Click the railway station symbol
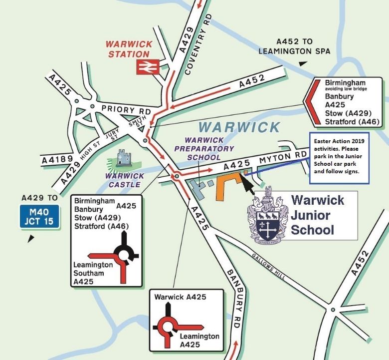148,66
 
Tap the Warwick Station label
130,49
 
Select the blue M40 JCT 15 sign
39,216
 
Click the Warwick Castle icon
123,159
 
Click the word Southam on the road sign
88,273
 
